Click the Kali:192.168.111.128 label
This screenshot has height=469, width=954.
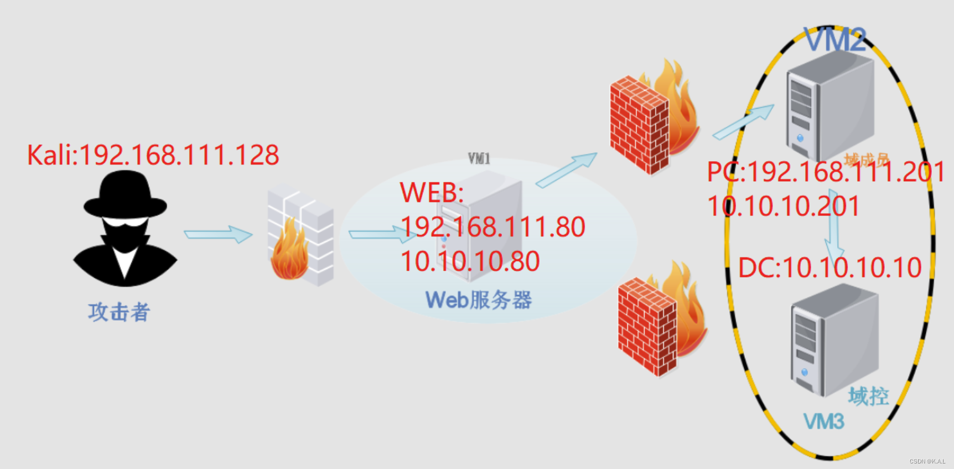coord(153,155)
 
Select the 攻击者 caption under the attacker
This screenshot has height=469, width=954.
coord(119,312)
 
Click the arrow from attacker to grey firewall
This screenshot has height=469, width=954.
coord(218,234)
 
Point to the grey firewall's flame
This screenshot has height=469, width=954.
coord(289,256)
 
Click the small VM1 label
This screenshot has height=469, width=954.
coord(479,159)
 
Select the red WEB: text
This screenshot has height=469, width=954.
coord(432,193)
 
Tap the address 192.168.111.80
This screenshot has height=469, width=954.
coord(492,227)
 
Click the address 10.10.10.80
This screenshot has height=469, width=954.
coord(470,261)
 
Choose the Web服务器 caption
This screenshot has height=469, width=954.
coord(478,300)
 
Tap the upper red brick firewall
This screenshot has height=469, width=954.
coord(640,125)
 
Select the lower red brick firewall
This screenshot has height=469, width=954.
coord(648,327)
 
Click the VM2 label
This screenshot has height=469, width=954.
coord(834,40)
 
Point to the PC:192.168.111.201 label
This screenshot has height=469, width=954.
coord(826,172)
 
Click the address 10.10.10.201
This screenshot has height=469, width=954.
coord(783,207)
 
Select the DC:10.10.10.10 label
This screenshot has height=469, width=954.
coord(829,268)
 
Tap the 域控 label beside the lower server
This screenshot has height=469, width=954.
coord(868,396)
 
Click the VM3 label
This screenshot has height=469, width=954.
coord(823,422)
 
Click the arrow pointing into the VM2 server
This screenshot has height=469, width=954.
coord(744,122)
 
